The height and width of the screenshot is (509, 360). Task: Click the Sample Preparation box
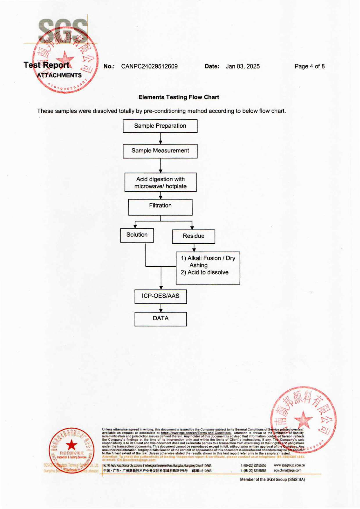click(160, 126)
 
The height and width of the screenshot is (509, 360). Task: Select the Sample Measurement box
click(160, 151)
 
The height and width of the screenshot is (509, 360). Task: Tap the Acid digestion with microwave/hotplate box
click(160, 182)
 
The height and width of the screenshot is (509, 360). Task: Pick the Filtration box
click(160, 207)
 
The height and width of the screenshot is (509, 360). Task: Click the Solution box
click(137, 235)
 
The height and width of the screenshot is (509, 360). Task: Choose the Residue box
click(193, 236)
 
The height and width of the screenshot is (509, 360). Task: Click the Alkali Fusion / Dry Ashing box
click(208, 267)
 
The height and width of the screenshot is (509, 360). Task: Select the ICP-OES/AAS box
click(160, 296)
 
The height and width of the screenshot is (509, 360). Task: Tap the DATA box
click(160, 319)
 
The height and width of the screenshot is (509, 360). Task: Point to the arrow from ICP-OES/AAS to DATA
click(161, 308)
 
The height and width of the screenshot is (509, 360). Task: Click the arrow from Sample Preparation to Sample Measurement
click(161, 139)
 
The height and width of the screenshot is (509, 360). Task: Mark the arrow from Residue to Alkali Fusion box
click(194, 248)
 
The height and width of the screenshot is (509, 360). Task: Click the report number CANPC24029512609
click(149, 66)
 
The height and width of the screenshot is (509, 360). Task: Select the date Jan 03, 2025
click(243, 66)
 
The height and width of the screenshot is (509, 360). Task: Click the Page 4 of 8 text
click(309, 66)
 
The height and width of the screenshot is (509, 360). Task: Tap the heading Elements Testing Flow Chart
click(179, 97)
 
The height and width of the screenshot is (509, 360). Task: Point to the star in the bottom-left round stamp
click(71, 445)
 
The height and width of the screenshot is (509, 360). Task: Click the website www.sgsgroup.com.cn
click(289, 465)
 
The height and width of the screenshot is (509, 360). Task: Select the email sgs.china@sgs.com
click(287, 470)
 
